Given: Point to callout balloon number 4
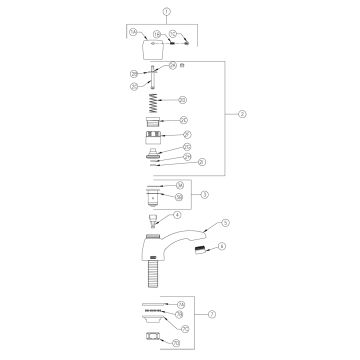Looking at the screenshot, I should pos(177,214).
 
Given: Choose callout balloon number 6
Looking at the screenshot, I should pos(222,246).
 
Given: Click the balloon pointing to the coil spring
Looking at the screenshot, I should pos(183,100).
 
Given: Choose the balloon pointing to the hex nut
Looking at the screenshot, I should pos(176,342).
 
